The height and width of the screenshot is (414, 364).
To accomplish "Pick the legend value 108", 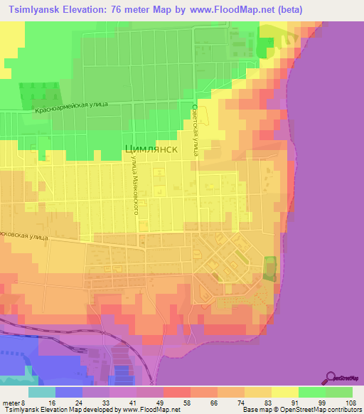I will tap(351, 402).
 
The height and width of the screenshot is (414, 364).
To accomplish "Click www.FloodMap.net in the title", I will tap(229, 10).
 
